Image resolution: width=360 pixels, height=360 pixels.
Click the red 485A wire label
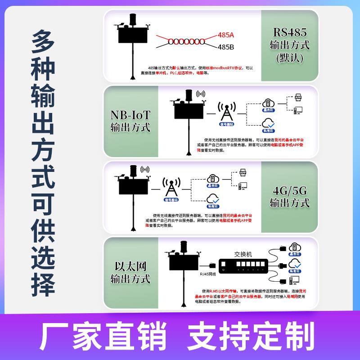(x=226, y=34)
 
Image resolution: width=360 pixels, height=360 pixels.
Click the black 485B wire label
(x=226, y=46)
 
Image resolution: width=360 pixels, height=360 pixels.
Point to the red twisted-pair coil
(x=186, y=41)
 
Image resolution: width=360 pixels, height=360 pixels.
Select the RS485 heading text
(x=290, y=32)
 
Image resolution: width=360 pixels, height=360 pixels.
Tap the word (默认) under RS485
(x=290, y=58)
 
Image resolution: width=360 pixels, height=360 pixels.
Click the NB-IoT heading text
(x=130, y=115)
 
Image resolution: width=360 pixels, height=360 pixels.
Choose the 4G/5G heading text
(x=290, y=190)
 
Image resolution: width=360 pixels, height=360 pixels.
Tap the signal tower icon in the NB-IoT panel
(x=226, y=110)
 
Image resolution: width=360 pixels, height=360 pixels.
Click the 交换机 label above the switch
(x=243, y=254)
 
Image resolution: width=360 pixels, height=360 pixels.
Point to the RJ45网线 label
(x=208, y=274)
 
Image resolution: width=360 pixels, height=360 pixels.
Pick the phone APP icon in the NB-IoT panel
(x=298, y=98)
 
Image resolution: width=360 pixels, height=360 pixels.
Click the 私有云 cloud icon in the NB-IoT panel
(x=269, y=122)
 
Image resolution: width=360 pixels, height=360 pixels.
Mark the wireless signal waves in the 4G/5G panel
(x=145, y=170)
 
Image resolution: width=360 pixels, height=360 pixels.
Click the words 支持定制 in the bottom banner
(x=251, y=335)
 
